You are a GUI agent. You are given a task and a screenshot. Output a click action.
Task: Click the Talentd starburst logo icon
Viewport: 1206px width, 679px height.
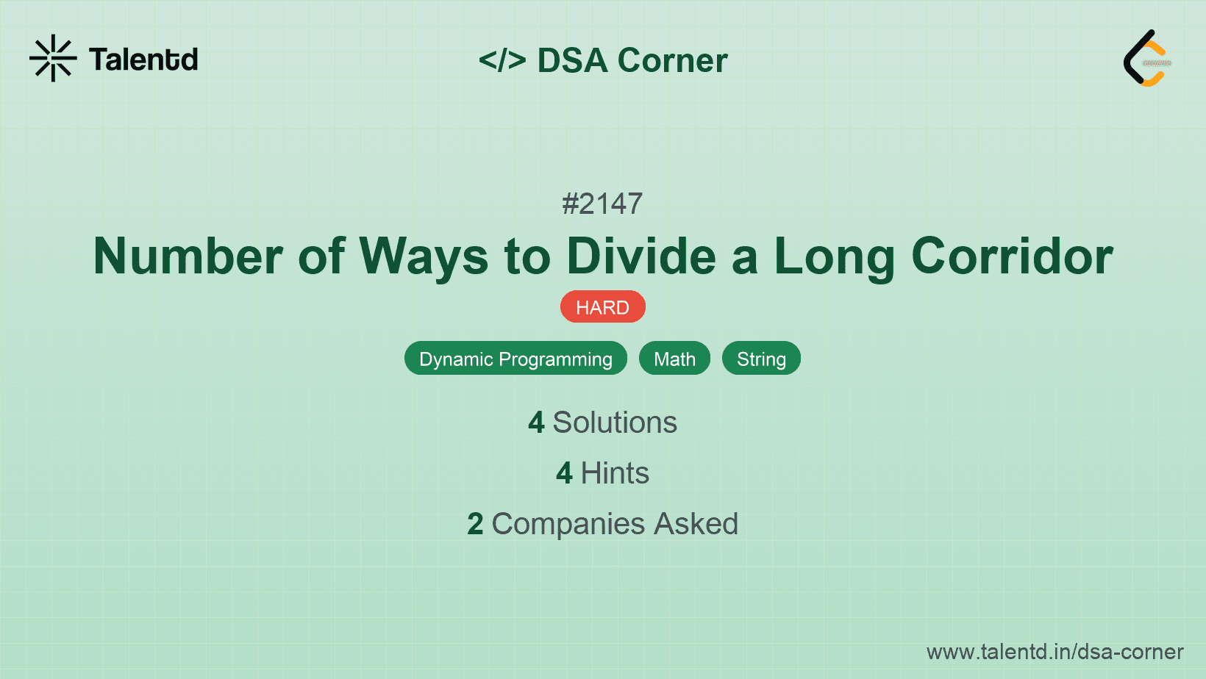(53, 58)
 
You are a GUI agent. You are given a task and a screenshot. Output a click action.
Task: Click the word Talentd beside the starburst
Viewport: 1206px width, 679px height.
(143, 60)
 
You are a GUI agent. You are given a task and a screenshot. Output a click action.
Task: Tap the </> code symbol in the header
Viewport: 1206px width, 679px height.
(502, 60)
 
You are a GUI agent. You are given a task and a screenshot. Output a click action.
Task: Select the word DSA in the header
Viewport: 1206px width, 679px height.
(572, 60)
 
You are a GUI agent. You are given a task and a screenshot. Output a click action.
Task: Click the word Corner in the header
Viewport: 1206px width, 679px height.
(672, 60)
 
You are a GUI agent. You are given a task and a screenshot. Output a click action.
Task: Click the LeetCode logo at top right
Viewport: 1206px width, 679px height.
(1147, 59)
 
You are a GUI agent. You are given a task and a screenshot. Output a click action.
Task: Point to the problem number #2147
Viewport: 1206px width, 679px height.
(602, 204)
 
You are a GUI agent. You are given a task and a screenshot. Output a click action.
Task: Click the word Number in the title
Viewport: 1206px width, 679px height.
(188, 256)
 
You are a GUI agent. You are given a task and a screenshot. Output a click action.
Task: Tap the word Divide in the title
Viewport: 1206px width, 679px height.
(641, 256)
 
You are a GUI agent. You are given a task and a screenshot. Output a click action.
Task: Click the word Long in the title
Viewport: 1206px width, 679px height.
(834, 256)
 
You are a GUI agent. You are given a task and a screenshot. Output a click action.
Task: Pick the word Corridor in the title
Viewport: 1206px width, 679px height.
(1012, 256)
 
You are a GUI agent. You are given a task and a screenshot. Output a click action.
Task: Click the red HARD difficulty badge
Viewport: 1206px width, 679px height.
(602, 307)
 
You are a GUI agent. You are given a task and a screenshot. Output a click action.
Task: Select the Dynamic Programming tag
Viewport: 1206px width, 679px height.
(515, 359)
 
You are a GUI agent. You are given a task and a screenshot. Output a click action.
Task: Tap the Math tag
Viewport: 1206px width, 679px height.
(674, 359)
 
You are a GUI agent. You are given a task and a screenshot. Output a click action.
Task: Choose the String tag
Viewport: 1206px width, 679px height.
(761, 359)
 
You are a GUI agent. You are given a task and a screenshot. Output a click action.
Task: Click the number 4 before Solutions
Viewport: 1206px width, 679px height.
(536, 423)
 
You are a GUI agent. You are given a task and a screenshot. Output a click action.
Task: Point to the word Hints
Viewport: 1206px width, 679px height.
(615, 473)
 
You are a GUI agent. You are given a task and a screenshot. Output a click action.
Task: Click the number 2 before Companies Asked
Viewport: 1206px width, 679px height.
(475, 524)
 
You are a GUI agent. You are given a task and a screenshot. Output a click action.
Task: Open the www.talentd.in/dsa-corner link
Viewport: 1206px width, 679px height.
(1055, 652)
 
